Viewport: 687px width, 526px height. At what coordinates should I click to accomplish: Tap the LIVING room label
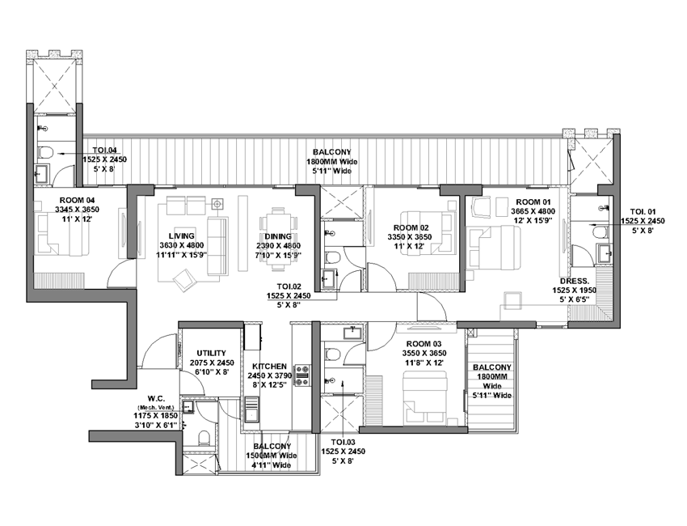point(181,236)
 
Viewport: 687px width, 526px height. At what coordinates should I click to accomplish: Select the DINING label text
point(278,236)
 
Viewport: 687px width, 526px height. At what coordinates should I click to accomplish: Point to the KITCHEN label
point(269,367)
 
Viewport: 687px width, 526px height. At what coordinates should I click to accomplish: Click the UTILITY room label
point(211,353)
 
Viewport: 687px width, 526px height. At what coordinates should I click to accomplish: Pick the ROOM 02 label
point(411,227)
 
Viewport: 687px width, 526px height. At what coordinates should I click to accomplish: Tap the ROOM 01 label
point(533,202)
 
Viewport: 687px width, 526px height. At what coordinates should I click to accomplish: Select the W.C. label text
point(156,399)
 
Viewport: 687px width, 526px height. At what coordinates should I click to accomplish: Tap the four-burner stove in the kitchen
point(302,375)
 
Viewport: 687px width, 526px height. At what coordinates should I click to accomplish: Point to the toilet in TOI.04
point(45,152)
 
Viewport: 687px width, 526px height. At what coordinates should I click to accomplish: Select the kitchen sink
point(252,409)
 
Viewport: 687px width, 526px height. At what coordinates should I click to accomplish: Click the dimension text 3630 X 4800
point(181,246)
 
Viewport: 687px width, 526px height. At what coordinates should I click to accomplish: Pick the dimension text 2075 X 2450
point(212,363)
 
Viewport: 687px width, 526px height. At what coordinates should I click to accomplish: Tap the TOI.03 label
point(343,442)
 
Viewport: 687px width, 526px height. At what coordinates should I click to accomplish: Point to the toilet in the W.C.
point(204,437)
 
